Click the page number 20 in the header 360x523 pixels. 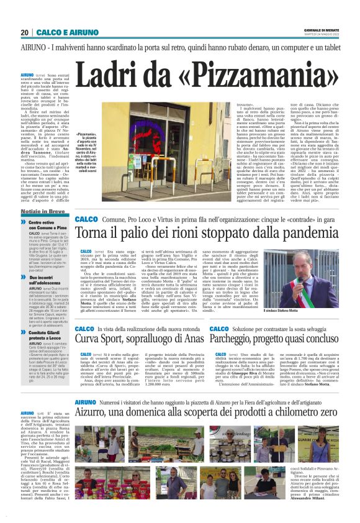click(24, 32)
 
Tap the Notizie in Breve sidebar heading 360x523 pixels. click(42, 211)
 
